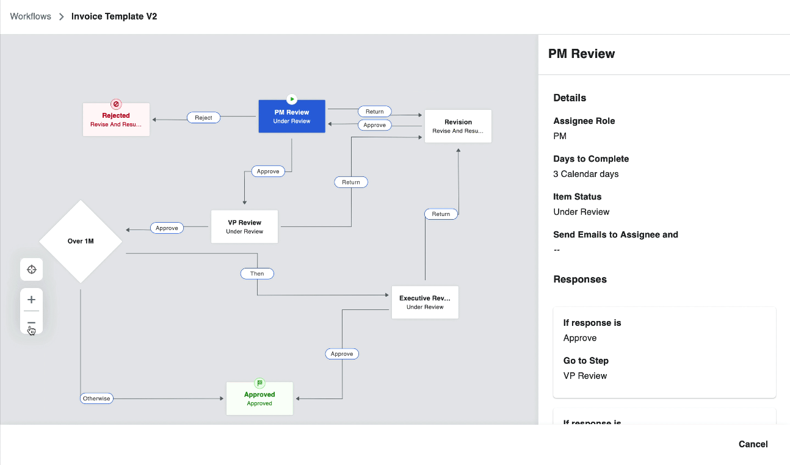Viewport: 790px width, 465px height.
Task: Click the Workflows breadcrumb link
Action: click(31, 16)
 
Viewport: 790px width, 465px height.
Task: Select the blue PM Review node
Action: click(292, 117)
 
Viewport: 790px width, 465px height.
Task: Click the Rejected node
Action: click(116, 120)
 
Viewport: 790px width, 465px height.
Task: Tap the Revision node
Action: click(458, 126)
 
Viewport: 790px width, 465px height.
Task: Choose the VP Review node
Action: click(244, 227)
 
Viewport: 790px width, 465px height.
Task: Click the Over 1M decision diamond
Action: click(81, 241)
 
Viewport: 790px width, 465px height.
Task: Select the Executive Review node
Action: click(425, 303)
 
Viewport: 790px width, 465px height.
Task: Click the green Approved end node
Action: click(259, 399)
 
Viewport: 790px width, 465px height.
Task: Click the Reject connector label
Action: click(203, 118)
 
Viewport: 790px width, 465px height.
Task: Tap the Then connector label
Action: click(257, 273)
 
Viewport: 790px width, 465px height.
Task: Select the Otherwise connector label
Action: click(96, 398)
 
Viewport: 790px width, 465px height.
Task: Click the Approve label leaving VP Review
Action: click(167, 228)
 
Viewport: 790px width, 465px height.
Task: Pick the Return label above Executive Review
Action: click(441, 214)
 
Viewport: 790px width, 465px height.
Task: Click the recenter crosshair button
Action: click(32, 270)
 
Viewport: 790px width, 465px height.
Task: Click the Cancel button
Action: click(753, 444)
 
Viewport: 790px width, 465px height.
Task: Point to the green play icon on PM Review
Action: click(292, 99)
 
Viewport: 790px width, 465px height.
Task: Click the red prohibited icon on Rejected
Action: click(116, 104)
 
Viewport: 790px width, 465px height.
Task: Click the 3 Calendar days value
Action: click(585, 174)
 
